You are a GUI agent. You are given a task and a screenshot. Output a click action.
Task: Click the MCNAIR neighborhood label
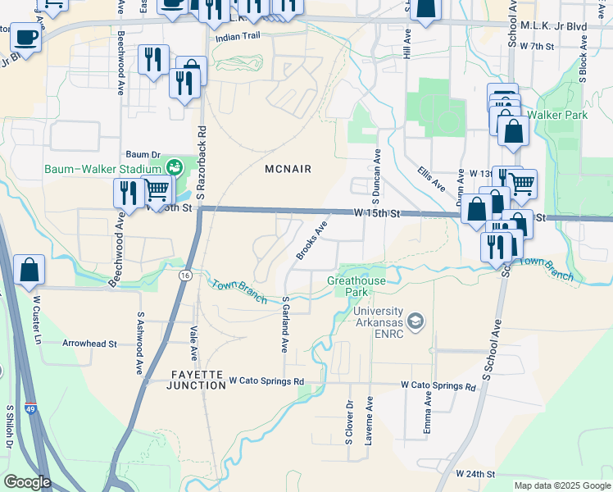288,169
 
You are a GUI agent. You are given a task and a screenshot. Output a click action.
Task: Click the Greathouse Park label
356,286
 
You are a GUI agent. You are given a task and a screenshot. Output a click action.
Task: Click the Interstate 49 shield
30,408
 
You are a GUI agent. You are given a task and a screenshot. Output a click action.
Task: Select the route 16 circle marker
186,276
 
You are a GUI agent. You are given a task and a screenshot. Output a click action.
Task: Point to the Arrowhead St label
89,344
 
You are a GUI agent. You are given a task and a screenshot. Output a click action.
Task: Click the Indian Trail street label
236,38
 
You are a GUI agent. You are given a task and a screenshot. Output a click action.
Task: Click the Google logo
27,482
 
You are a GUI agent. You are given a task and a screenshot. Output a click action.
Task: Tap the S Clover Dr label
348,422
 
